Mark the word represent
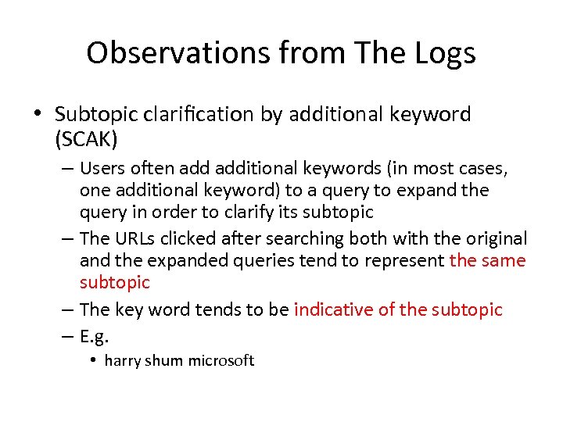(407, 260)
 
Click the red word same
(504, 260)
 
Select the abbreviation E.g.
(94, 337)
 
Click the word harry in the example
(121, 360)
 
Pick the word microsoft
(222, 360)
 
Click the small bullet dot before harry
(92, 360)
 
